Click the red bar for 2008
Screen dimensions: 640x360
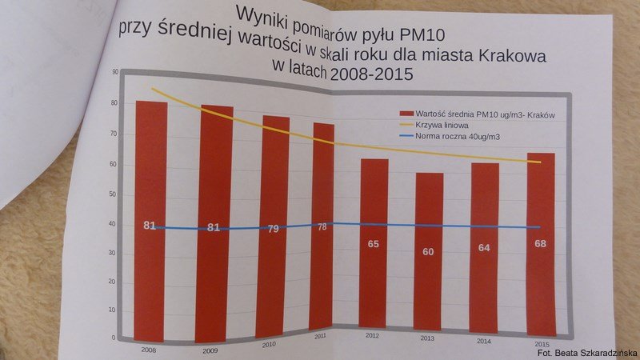tap(150, 222)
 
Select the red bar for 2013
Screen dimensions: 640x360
tap(429, 251)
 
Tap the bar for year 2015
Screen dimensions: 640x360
tap(541, 245)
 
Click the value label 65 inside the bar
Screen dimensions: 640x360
tap(373, 244)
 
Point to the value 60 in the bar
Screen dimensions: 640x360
tap(428, 252)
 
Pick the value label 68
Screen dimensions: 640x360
tap(541, 244)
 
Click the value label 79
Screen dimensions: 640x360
tap(273, 229)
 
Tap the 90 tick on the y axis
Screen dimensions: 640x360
tap(115, 72)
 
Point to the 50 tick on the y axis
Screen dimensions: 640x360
tap(112, 194)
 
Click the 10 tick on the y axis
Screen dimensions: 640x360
tap(112, 310)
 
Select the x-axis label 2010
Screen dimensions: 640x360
tap(269, 345)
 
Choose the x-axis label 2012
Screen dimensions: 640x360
tap(372, 336)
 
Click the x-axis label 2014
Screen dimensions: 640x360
tap(484, 341)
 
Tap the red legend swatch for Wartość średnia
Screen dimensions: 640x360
tap(406, 113)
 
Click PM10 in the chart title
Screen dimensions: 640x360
tap(422, 35)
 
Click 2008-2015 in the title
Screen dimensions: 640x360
tap(371, 74)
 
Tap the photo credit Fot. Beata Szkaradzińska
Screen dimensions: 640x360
tap(588, 353)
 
